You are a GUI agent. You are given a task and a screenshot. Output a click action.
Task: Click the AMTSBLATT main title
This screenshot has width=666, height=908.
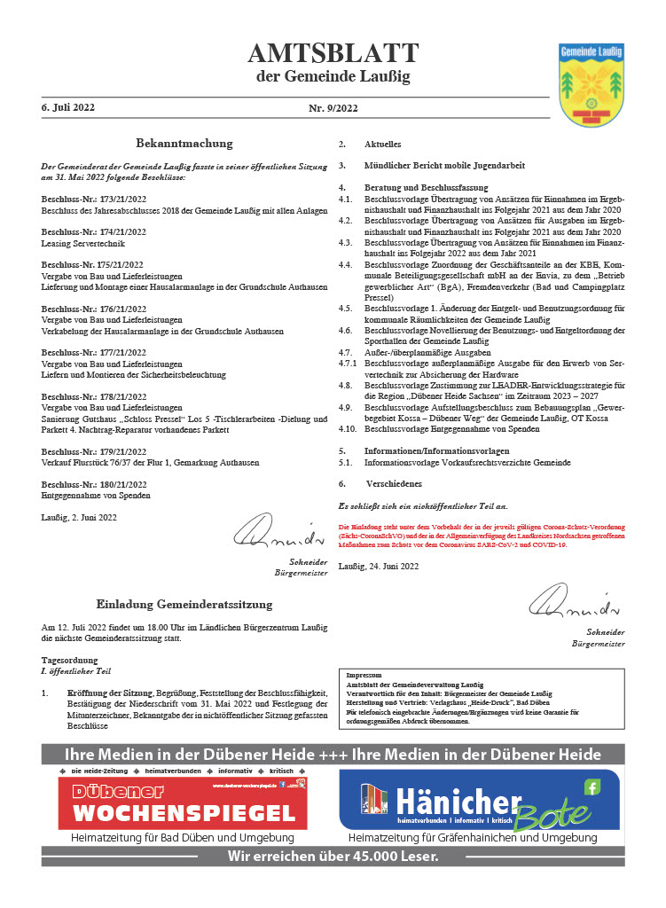pyautogui.click(x=333, y=54)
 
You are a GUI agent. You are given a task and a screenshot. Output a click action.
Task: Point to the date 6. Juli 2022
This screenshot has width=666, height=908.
pyautogui.click(x=68, y=107)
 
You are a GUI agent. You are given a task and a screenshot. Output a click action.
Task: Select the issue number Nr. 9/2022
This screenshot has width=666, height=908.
pyautogui.click(x=333, y=108)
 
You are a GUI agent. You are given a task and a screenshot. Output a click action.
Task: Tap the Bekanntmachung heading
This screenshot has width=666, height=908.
pyautogui.click(x=184, y=143)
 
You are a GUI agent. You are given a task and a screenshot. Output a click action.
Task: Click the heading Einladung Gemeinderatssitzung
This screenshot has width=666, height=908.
pyautogui.click(x=184, y=605)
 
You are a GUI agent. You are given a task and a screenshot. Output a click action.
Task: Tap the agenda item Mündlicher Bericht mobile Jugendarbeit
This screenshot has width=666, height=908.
pyautogui.click(x=444, y=165)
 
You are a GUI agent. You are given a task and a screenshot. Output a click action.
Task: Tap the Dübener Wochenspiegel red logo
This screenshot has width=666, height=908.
pyautogui.click(x=183, y=802)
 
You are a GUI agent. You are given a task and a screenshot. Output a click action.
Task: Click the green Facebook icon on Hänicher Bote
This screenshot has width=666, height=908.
pyautogui.click(x=592, y=787)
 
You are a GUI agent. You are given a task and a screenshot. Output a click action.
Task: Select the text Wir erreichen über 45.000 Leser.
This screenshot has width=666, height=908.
pyautogui.click(x=333, y=856)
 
